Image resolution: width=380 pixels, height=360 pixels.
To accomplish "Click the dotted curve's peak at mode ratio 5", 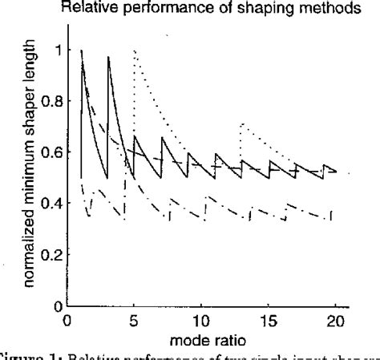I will click(x=135, y=51).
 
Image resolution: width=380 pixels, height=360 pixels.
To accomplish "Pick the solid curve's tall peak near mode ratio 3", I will click(x=108, y=57).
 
